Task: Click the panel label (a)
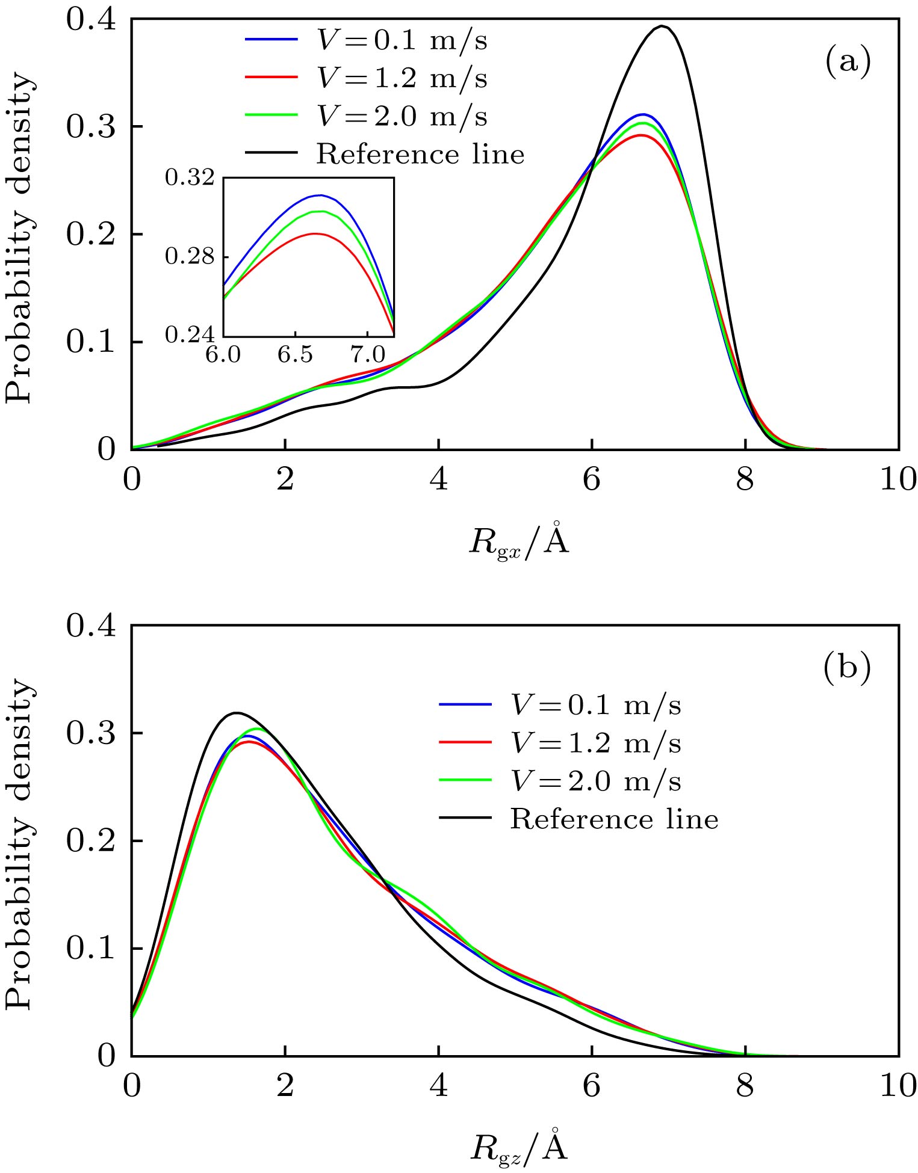(848, 61)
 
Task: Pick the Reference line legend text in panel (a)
(420, 154)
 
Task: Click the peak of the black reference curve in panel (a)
(662, 26)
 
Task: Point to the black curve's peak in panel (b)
(237, 713)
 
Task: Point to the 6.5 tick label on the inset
(295, 356)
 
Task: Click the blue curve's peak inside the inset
(319, 195)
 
